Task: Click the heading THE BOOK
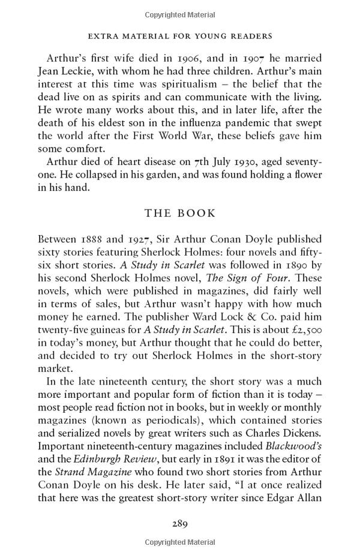pos(180,213)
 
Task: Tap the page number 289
pos(180,523)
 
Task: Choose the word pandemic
pos(247,122)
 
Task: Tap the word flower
pos(305,175)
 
